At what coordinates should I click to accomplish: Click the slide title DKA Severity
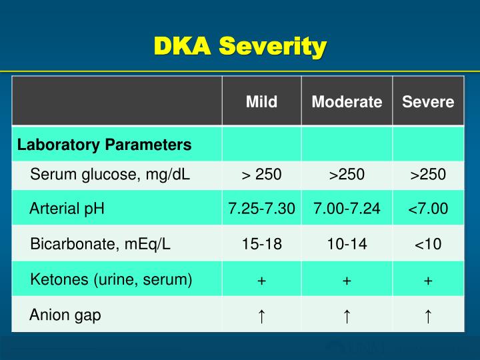[240, 47]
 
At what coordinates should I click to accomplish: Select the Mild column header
[261, 102]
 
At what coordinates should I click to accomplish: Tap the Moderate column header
[347, 102]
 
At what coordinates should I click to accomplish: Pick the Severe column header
[428, 102]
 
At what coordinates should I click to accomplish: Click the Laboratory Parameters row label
[104, 145]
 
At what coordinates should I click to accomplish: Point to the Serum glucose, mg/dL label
[110, 175]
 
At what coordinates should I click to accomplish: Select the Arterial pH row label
[67, 209]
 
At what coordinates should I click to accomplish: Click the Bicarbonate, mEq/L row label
[101, 243]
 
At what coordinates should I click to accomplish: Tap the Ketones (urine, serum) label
[111, 279]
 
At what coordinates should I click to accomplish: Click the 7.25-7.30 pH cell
[261, 209]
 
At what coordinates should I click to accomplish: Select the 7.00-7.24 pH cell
[347, 209]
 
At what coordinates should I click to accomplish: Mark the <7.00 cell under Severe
[428, 209]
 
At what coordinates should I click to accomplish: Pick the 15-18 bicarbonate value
[261, 244]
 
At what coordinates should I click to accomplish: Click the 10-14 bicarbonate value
[347, 244]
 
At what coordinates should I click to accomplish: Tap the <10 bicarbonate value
[428, 244]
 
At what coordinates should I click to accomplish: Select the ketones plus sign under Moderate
[347, 281]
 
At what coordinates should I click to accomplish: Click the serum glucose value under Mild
[261, 175]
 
